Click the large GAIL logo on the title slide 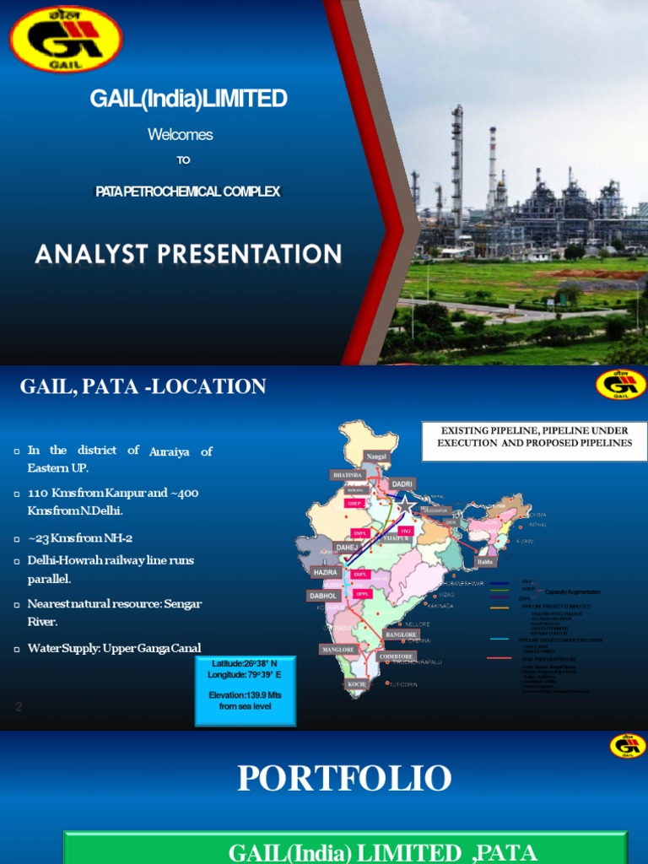[x=66, y=39]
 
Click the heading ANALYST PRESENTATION [x=188, y=253]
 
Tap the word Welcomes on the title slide [x=180, y=134]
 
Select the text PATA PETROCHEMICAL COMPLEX [x=187, y=192]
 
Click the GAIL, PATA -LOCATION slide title [x=143, y=387]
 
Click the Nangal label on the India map [x=375, y=456]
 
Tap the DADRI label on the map [x=402, y=483]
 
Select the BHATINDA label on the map [x=347, y=475]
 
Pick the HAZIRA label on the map [x=325, y=572]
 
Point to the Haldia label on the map [x=484, y=561]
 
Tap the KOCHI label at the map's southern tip [x=357, y=684]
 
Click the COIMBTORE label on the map [x=396, y=656]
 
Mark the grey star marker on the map [x=407, y=505]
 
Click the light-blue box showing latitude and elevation [x=246, y=689]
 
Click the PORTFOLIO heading [x=344, y=778]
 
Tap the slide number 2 [x=19, y=707]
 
